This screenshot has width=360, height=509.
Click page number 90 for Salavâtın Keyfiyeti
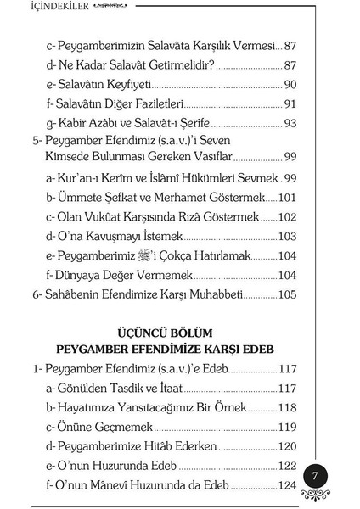click(x=290, y=84)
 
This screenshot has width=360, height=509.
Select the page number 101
click(x=287, y=197)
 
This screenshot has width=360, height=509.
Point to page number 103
click(x=287, y=236)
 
